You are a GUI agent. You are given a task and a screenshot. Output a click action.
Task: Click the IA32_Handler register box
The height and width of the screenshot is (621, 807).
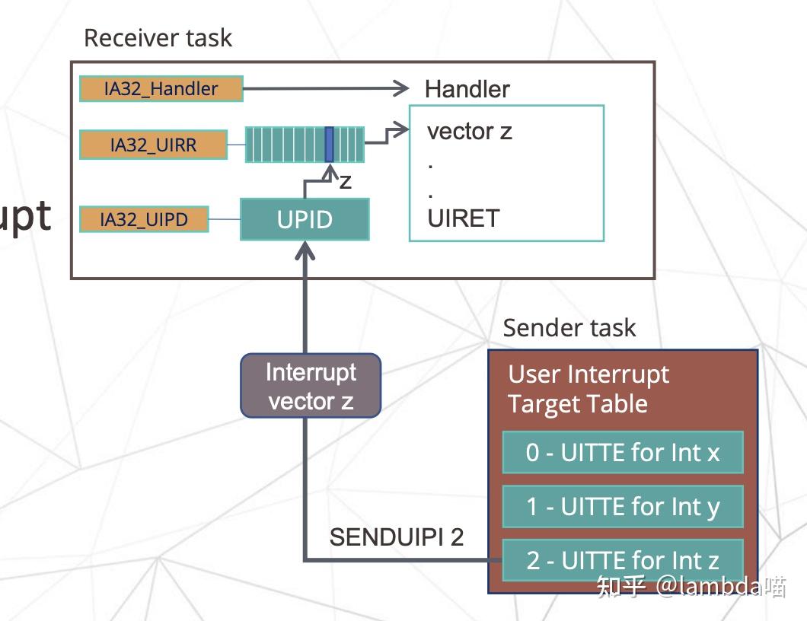point(161,89)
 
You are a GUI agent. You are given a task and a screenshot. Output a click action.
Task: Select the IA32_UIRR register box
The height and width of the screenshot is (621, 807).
point(153,145)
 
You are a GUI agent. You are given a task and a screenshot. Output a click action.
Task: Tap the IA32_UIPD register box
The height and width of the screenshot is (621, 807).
point(144,220)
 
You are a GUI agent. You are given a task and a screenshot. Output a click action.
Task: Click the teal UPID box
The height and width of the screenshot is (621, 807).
point(305,219)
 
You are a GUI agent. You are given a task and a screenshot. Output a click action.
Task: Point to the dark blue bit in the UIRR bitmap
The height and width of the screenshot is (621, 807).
point(329,145)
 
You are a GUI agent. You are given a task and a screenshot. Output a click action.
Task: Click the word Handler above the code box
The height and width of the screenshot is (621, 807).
point(467,89)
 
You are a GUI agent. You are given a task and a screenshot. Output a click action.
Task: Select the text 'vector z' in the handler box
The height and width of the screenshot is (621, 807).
point(469,131)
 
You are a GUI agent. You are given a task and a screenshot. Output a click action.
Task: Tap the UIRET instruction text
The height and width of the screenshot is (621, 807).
point(463,218)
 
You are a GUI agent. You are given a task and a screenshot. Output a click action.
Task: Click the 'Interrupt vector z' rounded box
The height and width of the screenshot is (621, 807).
point(311,386)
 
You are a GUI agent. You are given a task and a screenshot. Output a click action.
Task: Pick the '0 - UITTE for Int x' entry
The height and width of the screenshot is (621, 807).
point(622,453)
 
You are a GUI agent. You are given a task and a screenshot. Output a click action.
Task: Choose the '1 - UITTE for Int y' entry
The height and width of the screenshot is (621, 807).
point(622,507)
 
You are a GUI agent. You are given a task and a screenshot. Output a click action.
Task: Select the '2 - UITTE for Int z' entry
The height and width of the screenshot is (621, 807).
point(622,561)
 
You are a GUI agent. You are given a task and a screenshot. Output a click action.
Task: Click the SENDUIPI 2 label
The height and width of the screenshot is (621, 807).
point(396,537)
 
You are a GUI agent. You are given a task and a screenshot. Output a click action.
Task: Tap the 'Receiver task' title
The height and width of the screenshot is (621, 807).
point(158,38)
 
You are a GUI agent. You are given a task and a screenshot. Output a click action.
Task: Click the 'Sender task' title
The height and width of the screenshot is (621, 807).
point(569,328)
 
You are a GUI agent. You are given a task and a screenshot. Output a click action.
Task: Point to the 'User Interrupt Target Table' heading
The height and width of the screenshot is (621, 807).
point(588,389)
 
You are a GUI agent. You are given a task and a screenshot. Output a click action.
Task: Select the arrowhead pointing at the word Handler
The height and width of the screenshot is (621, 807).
point(400,89)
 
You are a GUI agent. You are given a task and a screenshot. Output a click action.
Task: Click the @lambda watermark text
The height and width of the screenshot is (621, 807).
point(712,587)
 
